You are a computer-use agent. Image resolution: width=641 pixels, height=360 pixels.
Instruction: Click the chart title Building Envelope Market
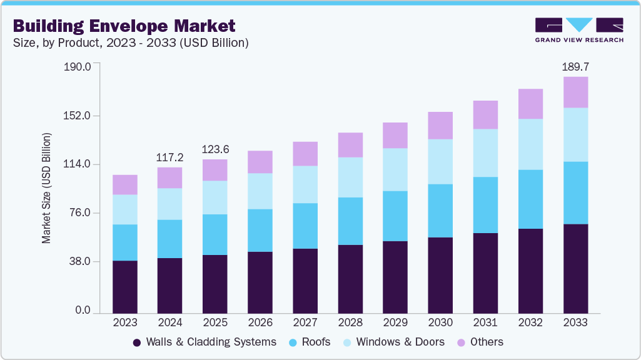tap(124, 26)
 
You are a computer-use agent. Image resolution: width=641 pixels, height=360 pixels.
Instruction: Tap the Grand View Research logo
tap(578, 30)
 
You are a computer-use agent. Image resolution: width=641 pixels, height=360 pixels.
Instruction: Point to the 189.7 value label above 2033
tap(575, 66)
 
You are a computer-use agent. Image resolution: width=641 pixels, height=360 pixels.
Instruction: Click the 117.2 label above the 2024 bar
tap(170, 156)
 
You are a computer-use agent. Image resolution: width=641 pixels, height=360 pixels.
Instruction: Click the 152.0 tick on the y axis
tap(78, 116)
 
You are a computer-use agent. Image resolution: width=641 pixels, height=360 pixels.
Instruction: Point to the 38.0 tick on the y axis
tap(81, 261)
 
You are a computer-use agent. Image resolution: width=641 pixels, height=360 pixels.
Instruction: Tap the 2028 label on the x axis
tap(350, 322)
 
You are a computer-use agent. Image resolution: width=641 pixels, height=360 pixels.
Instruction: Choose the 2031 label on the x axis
tap(485, 322)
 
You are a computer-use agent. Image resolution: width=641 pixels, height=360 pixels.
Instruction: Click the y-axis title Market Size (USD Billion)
tap(46, 188)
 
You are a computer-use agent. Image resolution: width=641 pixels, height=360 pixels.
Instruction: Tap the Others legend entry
tap(480, 342)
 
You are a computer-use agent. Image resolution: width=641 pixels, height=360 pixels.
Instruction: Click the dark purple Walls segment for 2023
tap(125, 286)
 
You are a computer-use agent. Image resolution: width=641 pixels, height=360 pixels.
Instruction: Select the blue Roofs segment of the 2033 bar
tap(575, 192)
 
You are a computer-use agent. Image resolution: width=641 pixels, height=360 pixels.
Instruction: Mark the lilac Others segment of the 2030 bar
tap(440, 126)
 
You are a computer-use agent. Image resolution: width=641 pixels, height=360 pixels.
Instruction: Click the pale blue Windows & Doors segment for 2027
tap(305, 184)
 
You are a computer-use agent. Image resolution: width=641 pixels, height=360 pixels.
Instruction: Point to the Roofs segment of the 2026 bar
tap(260, 231)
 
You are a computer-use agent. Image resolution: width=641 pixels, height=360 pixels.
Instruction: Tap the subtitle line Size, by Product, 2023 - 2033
tap(131, 43)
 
